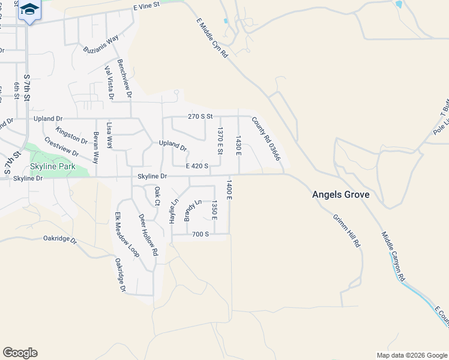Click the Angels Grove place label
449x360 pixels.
pos(340,195)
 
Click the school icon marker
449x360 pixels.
pos(29,10)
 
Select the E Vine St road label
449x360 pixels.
pos(148,5)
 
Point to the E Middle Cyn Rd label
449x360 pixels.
pos(212,38)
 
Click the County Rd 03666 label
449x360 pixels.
pos(266,139)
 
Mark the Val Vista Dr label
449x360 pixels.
pos(109,82)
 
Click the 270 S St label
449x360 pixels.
pos(200,116)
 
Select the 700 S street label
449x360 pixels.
pos(199,234)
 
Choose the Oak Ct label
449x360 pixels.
pos(157,196)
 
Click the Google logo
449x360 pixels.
pos(20,353)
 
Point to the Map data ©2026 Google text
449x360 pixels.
pos(412,355)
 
